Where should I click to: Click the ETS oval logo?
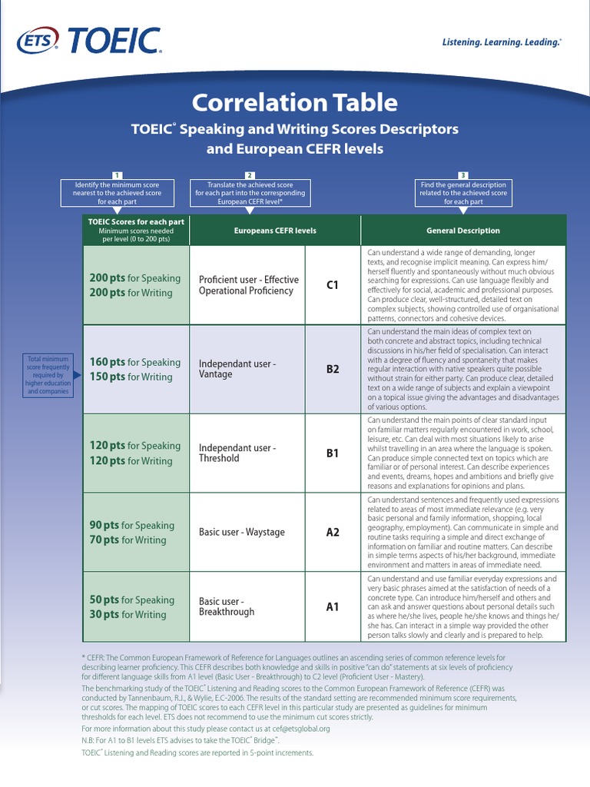tap(38, 42)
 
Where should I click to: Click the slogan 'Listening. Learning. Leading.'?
tap(502, 42)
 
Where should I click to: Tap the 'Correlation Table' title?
tap(295, 102)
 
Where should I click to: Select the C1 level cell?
tap(333, 285)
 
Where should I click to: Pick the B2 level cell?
tap(333, 370)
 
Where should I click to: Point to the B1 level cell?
tap(333, 453)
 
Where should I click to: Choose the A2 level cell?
tap(333, 532)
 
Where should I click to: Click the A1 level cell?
tap(333, 607)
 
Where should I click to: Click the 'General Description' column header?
tap(463, 231)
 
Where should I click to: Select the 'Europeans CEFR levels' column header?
tap(275, 231)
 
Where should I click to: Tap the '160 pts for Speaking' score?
tap(135, 363)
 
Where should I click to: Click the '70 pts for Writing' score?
tap(128, 540)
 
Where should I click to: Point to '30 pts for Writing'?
tap(128, 614)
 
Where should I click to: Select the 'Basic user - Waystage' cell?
tap(242, 532)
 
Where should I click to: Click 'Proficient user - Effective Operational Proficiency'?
tap(249, 285)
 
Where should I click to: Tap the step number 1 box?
tap(117, 176)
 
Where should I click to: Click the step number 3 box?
tap(463, 176)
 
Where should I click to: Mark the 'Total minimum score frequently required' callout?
tap(48, 375)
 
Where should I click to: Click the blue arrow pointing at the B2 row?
tap(77, 375)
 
